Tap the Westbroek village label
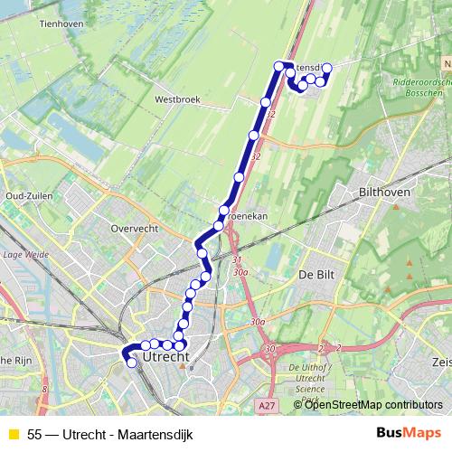coord(175,99)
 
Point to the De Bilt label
coord(317,274)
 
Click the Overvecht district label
coord(134,229)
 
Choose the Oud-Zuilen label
coord(26,195)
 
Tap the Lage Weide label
coord(24,256)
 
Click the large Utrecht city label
coord(165,359)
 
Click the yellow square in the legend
coord(13,433)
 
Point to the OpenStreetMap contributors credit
coord(373,404)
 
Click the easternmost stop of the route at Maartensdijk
coord(327,68)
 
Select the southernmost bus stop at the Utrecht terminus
coord(132,363)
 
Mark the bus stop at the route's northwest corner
coord(278,66)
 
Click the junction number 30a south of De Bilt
coord(259,322)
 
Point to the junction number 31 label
coord(237,261)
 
